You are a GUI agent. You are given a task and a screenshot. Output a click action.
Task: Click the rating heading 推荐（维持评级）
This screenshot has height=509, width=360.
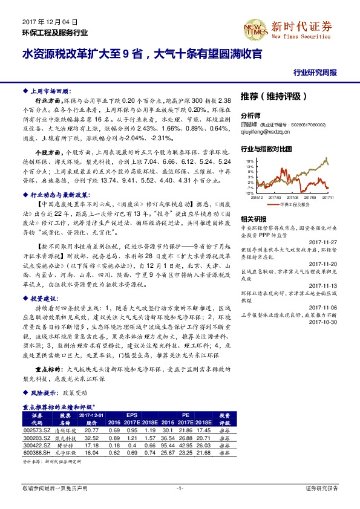tap(274, 96)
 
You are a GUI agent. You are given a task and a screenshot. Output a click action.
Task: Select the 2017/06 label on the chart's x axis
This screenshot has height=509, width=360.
tap(294, 196)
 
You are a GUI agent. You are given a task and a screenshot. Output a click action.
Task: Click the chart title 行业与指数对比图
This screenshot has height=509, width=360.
tap(266, 148)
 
